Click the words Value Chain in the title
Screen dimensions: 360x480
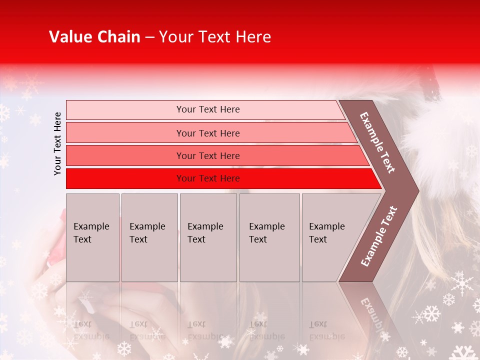[x=94, y=37]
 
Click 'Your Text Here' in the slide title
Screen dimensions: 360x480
[x=215, y=37]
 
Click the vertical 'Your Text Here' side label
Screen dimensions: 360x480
[x=57, y=143]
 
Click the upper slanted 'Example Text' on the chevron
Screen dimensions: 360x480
[x=377, y=142]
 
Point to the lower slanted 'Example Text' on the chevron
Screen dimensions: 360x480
[x=378, y=236]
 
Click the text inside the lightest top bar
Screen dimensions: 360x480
[x=208, y=109]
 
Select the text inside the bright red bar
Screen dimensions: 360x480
[x=208, y=178]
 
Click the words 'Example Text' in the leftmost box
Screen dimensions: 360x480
[x=91, y=232]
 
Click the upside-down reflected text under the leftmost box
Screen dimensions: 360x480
[x=91, y=330]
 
